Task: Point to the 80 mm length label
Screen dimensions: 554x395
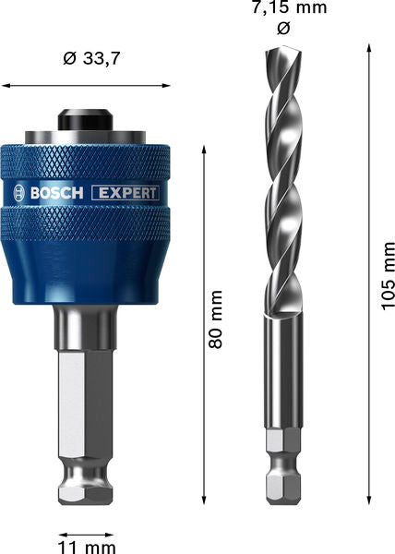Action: click(x=217, y=319)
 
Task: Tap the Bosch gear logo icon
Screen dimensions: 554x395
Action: click(x=20, y=193)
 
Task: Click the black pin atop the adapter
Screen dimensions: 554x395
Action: click(x=87, y=121)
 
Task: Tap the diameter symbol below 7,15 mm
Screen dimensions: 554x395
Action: click(x=283, y=29)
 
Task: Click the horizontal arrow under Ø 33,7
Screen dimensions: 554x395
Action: click(x=87, y=86)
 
